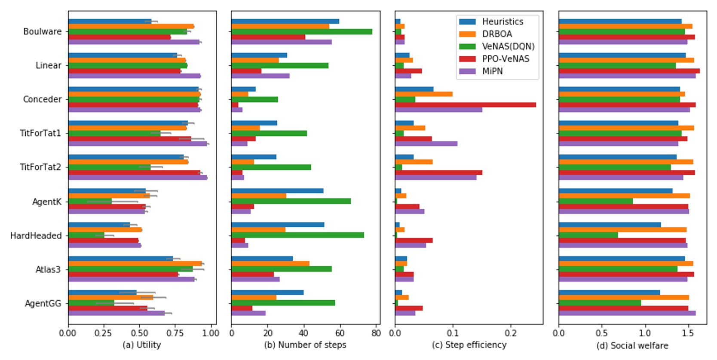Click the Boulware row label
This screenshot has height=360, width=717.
tap(42, 31)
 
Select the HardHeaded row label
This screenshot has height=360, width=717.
tap(36, 235)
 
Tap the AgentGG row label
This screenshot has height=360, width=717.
tap(43, 303)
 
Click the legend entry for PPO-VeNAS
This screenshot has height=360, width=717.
tap(505, 59)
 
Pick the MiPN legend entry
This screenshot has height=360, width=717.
tap(492, 71)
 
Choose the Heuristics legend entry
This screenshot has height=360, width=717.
tap(502, 21)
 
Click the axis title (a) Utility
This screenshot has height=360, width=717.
tap(141, 345)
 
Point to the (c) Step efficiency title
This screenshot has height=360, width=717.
tap(469, 345)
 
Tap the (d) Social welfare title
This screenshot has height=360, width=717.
tap(632, 345)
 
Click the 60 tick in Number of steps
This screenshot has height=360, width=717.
tap(340, 333)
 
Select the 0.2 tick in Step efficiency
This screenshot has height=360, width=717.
tap(511, 333)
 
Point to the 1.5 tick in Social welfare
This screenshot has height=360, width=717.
tap(688, 333)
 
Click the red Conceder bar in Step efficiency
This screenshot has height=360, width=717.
tap(465, 105)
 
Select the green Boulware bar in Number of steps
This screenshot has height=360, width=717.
tap(301, 32)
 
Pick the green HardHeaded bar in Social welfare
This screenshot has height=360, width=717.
tap(588, 235)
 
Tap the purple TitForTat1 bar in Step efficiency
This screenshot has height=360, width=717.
tap(426, 143)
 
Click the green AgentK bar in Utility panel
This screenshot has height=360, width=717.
tap(90, 201)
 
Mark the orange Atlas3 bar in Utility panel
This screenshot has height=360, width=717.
tap(135, 264)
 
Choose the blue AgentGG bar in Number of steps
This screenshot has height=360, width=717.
tap(267, 293)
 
